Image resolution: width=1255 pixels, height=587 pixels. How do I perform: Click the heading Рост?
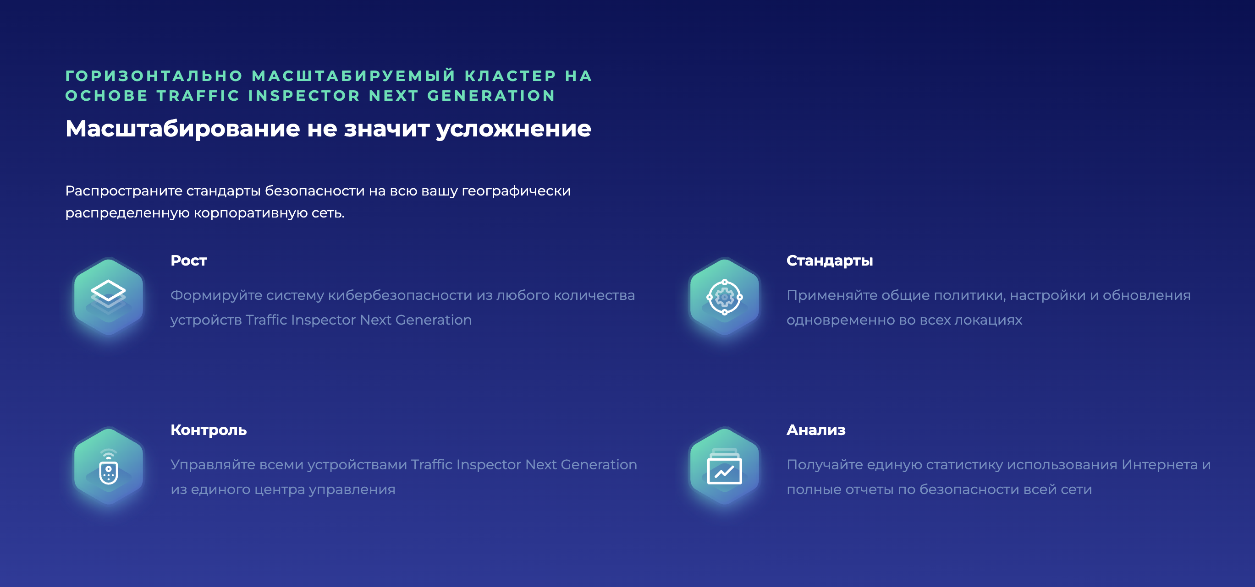(188, 261)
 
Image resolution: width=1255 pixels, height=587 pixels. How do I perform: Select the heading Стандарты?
(829, 261)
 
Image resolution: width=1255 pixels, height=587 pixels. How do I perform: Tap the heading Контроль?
(209, 430)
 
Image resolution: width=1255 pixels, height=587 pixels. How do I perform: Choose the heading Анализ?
(816, 430)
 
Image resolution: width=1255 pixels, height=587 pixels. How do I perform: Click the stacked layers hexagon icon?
(108, 296)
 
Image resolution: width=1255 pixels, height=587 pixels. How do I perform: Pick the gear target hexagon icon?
(725, 296)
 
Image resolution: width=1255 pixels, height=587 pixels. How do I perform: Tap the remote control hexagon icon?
(108, 466)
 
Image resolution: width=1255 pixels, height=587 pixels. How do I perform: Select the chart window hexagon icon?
(725, 466)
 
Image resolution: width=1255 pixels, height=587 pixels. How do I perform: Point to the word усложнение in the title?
(513, 130)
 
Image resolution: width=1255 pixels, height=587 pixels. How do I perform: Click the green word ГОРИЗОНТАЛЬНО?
(154, 76)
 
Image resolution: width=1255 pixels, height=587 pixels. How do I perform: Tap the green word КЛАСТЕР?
(510, 76)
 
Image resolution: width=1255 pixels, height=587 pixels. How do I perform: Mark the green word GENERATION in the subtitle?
(491, 96)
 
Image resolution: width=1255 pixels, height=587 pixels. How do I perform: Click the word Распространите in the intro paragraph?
(124, 191)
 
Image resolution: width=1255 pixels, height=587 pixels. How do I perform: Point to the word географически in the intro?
(516, 191)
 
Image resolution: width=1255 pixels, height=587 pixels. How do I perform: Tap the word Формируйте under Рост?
(216, 296)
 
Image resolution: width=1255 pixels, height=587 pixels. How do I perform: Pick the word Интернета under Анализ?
(1160, 465)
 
